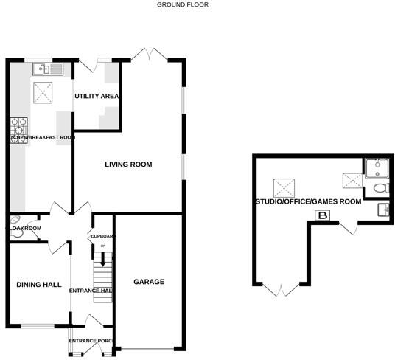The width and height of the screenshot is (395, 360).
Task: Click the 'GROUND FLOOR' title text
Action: (x=183, y=4)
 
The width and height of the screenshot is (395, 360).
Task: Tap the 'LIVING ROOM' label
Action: (x=127, y=165)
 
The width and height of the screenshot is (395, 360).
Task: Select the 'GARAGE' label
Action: (x=149, y=282)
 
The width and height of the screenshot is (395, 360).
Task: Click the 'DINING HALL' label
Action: (x=34, y=285)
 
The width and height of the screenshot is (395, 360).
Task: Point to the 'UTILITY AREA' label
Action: (x=97, y=97)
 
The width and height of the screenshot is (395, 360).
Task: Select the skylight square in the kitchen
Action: (x=43, y=92)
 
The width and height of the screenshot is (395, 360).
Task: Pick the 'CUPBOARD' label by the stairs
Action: (x=102, y=236)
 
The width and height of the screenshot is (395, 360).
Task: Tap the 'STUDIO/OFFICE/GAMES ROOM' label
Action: (x=308, y=201)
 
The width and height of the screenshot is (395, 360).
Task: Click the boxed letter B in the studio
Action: (x=322, y=215)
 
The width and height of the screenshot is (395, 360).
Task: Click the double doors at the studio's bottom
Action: (x=280, y=289)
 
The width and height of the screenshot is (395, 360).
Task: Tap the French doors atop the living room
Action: (x=150, y=54)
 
